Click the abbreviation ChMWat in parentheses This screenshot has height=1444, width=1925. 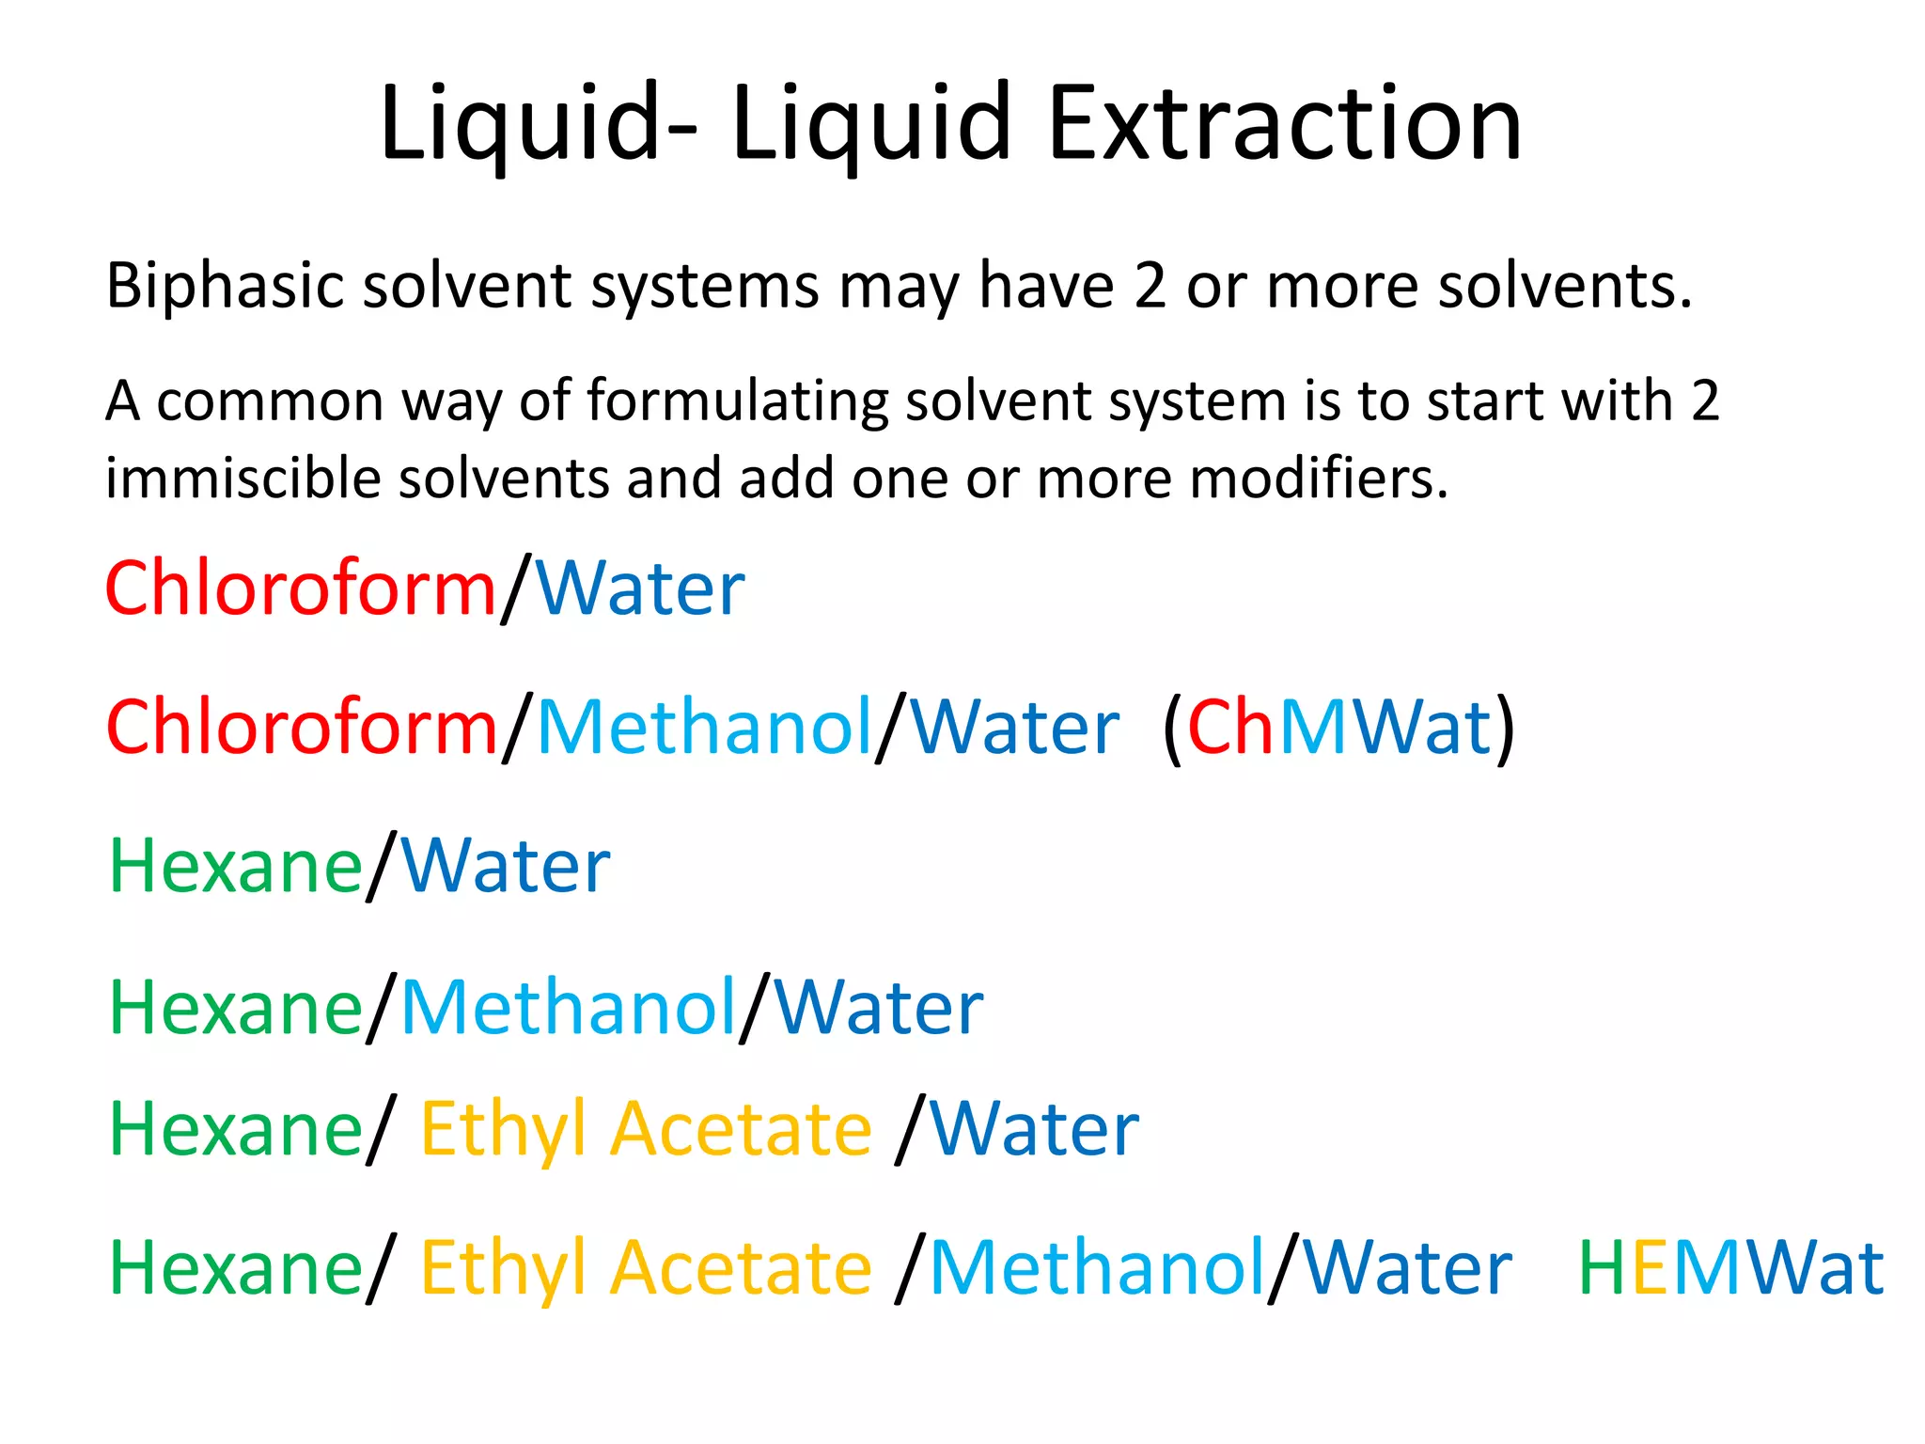[1338, 728]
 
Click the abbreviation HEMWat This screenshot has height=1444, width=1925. [1730, 1268]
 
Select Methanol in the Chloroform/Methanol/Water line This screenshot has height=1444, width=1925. [705, 728]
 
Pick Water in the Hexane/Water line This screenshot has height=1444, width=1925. [506, 866]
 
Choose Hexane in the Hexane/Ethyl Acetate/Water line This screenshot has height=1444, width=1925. [236, 1129]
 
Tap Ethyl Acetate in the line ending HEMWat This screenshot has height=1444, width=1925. [646, 1268]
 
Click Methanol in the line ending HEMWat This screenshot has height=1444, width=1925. [1097, 1268]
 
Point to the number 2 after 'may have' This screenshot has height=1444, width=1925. [1150, 286]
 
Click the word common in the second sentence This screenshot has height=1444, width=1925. [271, 401]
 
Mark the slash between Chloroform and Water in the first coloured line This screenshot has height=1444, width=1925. [516, 589]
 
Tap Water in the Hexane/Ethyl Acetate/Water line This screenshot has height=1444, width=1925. [1034, 1129]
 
